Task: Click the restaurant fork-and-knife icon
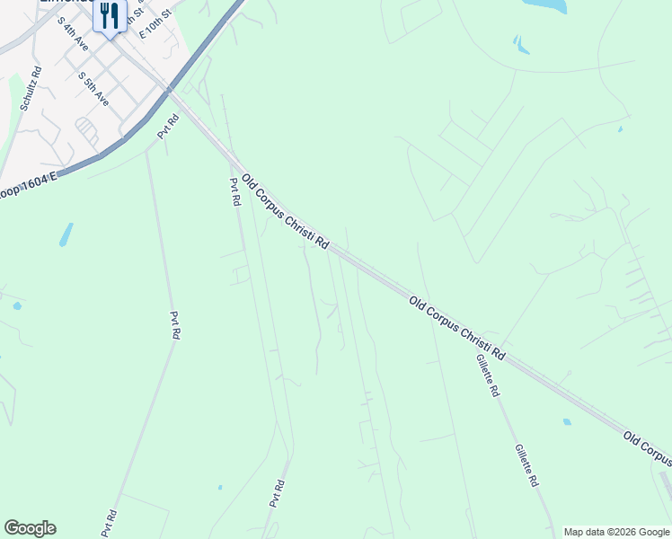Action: (110, 15)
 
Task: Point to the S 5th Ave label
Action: (93, 89)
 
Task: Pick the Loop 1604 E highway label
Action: (28, 191)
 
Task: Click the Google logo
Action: (30, 528)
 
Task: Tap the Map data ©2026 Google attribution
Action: (616, 532)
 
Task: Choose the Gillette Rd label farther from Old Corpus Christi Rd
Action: (526, 465)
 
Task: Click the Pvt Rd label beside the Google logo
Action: (109, 524)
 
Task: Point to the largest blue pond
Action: (545, 5)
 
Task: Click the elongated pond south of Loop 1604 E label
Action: (66, 234)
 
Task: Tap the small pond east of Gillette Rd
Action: (566, 421)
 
